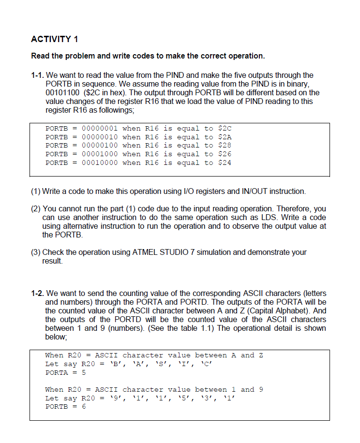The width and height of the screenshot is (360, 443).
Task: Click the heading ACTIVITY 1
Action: pos(54,39)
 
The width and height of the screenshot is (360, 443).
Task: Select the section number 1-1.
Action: pos(37,75)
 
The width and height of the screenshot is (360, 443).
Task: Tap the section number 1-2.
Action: pos(37,293)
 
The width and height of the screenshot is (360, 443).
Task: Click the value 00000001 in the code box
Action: pos(100,128)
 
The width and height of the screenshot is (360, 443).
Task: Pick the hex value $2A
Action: pos(225,137)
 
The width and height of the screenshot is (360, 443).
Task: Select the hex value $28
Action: pos(225,146)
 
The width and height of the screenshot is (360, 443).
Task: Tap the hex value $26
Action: pos(225,154)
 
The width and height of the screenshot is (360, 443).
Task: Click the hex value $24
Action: pos(225,163)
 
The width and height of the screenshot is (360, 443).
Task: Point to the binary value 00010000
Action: pos(100,163)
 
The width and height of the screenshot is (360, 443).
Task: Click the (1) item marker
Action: pos(36,191)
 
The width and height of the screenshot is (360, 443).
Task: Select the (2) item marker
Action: pos(36,208)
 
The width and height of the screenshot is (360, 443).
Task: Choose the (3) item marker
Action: pos(36,252)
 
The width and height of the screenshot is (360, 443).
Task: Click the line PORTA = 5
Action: pos(65,373)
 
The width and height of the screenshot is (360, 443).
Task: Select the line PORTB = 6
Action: pos(65,407)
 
